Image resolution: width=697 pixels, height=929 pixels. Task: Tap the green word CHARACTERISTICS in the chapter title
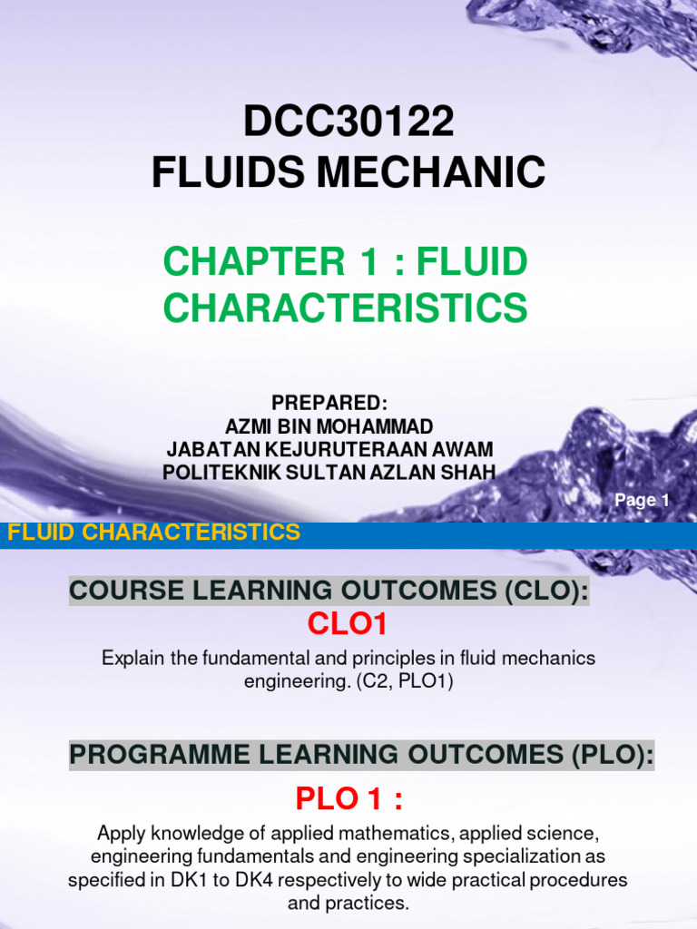[x=346, y=308]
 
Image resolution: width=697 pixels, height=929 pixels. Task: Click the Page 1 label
[x=642, y=500]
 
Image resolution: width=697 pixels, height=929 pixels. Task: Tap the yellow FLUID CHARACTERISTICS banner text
[x=153, y=533]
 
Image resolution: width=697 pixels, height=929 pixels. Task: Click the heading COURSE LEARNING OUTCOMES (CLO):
[x=329, y=592]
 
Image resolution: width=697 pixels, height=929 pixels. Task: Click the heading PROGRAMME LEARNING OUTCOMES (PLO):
[x=361, y=754]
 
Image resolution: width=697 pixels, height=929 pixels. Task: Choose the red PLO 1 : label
[x=348, y=800]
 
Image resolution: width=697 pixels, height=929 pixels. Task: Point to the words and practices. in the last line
[x=348, y=904]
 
